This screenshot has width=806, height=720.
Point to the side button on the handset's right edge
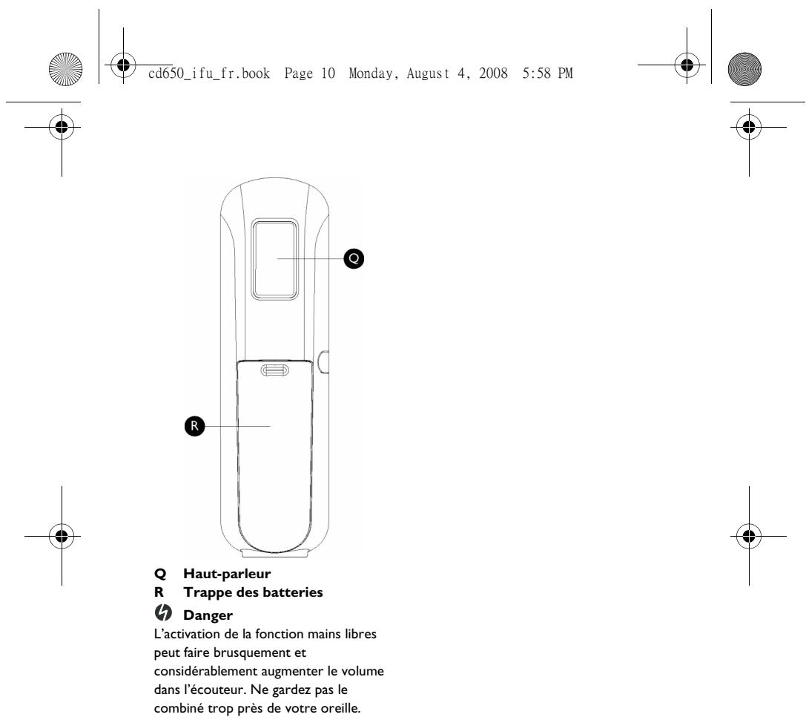click(323, 361)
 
